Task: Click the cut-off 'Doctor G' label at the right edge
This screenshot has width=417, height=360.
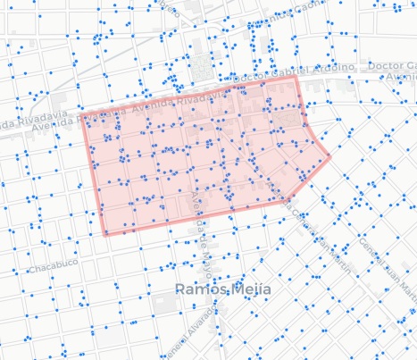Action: [397, 67]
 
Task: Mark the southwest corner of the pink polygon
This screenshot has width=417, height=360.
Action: [104, 235]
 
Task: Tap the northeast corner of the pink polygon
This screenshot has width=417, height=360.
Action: [296, 78]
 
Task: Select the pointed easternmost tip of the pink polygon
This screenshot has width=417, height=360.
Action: [330, 157]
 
